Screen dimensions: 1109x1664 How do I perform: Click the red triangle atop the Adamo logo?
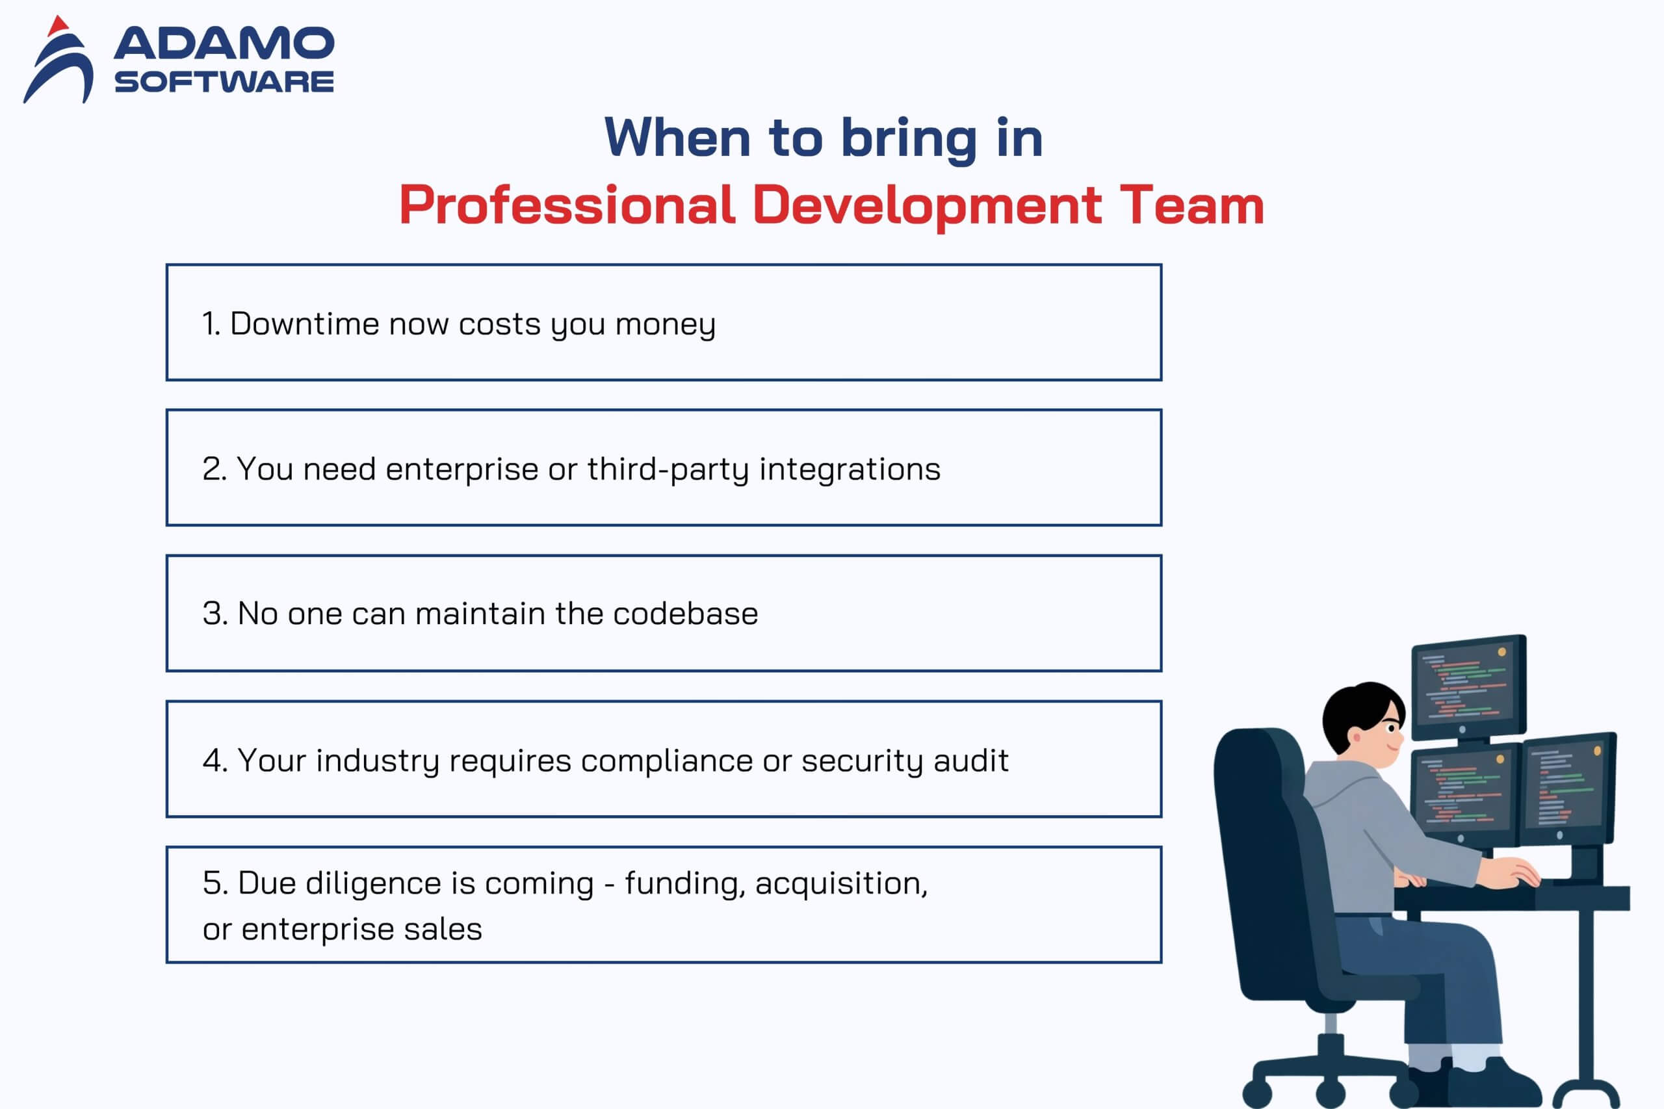click(x=58, y=26)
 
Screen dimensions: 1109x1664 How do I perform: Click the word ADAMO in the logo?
click(x=224, y=44)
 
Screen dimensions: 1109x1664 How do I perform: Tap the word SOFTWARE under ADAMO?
click(x=224, y=82)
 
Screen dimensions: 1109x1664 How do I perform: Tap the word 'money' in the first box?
click(x=665, y=324)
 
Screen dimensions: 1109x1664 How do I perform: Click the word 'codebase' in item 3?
click(x=685, y=613)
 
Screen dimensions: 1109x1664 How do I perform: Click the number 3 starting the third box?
click(x=211, y=613)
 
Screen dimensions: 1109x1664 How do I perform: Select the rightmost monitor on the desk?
click(x=1568, y=789)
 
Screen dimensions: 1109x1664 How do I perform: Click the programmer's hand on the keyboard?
click(x=1510, y=874)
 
